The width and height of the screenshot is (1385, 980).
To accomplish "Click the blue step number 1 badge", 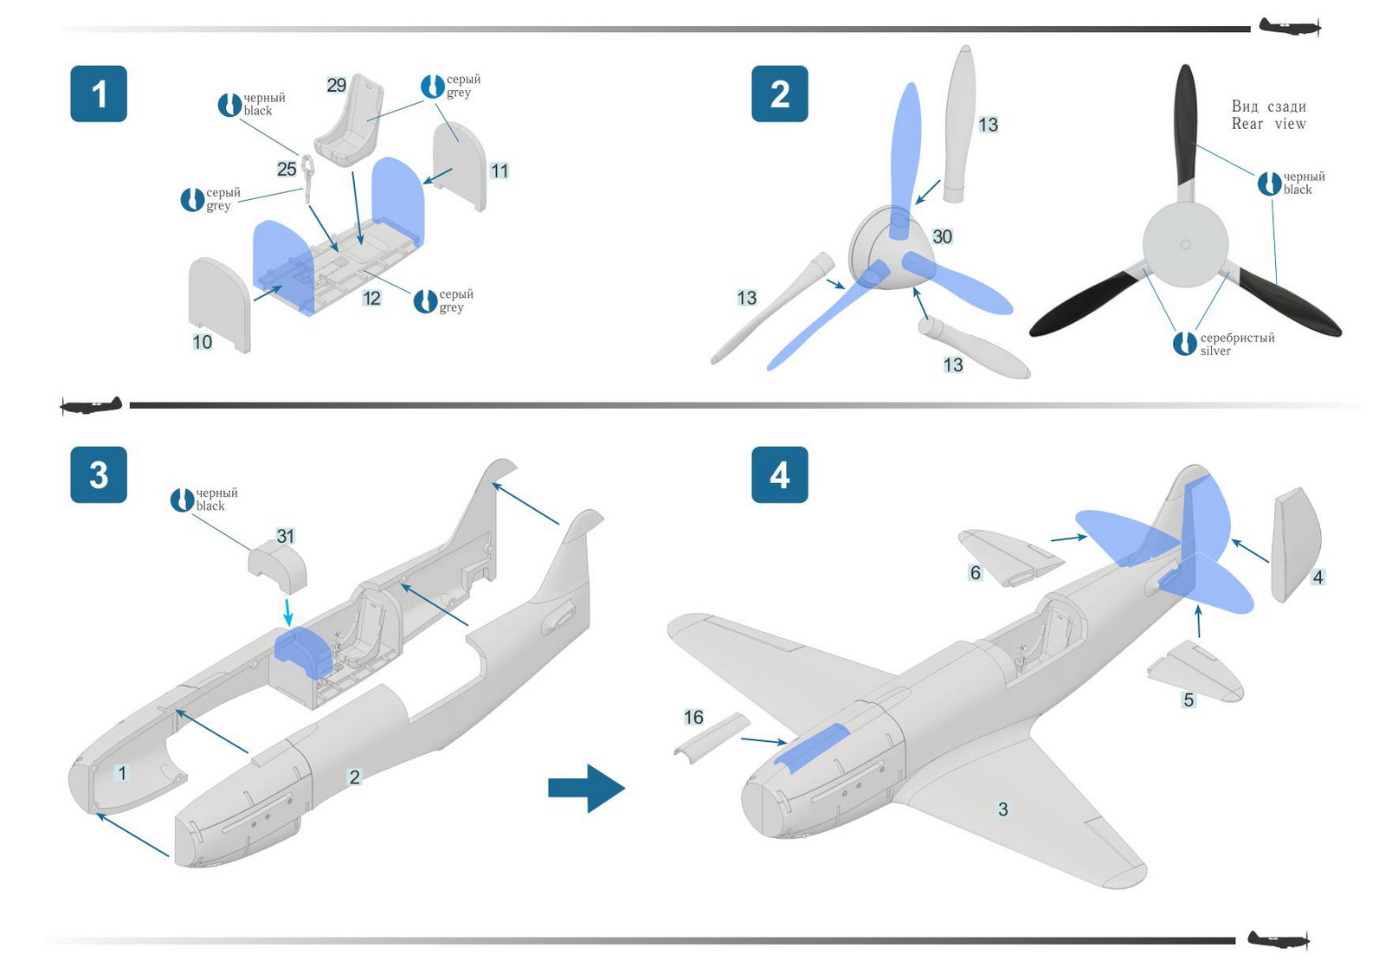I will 99,93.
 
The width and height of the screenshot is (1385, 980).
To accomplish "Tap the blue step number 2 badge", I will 779,93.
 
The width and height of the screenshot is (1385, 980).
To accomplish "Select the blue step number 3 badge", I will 99,474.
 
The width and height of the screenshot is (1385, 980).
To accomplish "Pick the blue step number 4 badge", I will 779,474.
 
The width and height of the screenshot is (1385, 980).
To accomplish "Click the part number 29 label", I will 336,85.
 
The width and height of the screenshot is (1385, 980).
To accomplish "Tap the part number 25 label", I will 287,169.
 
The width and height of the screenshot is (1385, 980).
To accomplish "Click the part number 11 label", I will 499,171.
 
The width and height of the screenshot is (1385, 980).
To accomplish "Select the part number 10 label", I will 202,342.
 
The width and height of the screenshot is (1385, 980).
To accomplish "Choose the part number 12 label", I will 371,299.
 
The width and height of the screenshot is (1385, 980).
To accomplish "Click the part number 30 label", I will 942,236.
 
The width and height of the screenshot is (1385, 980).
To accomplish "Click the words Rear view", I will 1268,124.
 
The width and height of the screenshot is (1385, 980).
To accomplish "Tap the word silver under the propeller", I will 1215,351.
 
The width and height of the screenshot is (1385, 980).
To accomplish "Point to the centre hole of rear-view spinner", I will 1185,245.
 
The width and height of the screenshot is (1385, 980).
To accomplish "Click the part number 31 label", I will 286,536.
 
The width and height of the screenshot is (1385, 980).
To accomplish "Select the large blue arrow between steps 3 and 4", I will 587,788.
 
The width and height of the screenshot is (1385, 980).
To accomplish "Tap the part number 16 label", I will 693,717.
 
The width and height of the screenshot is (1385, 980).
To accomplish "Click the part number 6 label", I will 976,573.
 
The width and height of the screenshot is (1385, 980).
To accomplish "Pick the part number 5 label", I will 1189,700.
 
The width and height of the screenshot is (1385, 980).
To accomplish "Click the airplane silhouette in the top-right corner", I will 1289,27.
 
